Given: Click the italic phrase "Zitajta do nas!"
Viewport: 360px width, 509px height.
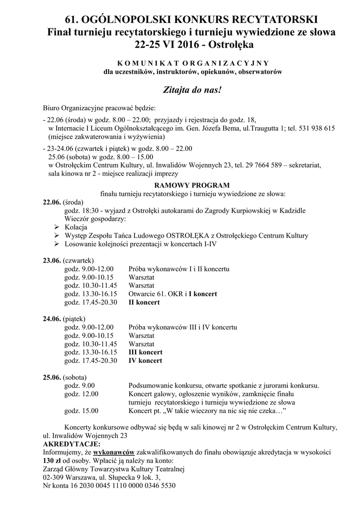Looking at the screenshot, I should (192, 91).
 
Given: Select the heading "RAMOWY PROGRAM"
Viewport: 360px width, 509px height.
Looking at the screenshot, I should (192, 184).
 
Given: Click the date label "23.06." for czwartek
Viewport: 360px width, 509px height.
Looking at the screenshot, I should (52, 260).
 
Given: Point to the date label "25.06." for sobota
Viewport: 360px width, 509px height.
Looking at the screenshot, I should (52, 377).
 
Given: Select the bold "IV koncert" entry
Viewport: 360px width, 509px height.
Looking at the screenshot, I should (145, 361).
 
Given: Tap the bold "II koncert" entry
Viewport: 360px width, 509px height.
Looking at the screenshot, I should (144, 302).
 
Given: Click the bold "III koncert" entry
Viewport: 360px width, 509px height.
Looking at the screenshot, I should (145, 352).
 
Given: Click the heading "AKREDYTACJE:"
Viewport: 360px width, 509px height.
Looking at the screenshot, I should (72, 444).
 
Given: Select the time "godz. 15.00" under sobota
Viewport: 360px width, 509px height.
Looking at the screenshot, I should (82, 411).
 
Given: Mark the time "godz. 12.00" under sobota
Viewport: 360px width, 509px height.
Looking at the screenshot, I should (82, 394).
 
